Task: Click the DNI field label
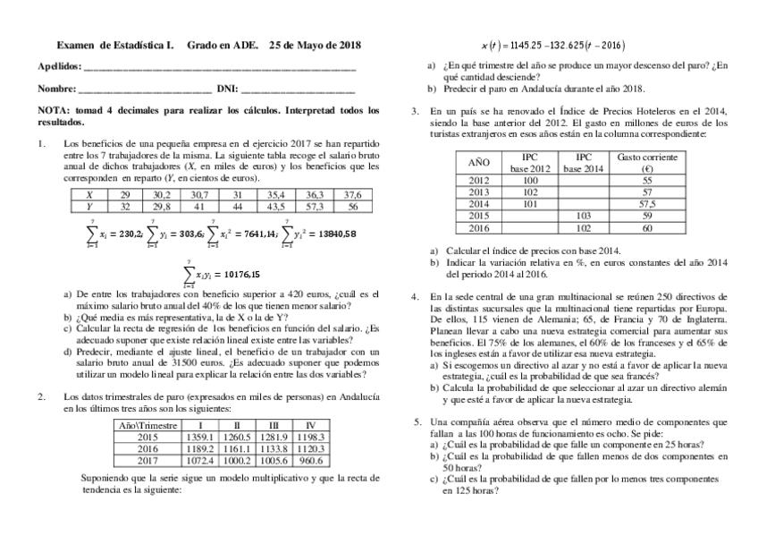pos(227,89)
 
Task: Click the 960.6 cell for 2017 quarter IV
pos(309,460)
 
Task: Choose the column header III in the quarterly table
pos(274,424)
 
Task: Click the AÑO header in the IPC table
pos(479,162)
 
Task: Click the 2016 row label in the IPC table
pos(479,227)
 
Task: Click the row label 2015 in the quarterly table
pos(147,436)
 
